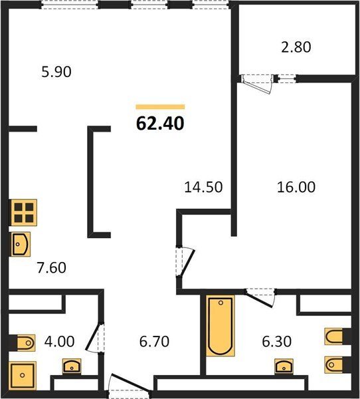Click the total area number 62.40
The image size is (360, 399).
160,124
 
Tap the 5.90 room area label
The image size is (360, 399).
56,72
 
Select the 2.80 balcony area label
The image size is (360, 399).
296,47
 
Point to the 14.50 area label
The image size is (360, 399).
203,187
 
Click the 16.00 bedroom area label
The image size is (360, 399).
296,187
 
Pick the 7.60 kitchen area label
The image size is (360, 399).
51,268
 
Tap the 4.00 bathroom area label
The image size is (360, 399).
59,342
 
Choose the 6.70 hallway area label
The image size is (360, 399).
154,342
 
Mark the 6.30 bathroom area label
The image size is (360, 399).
276,342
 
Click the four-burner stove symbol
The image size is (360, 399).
23,213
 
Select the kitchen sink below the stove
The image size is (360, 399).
21,244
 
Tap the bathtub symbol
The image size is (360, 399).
221,326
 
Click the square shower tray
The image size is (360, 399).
23,375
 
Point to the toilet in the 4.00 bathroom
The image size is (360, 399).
24,343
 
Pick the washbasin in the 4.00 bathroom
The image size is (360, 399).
72,366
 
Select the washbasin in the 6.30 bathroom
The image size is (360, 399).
284,366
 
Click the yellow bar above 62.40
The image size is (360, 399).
160,107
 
